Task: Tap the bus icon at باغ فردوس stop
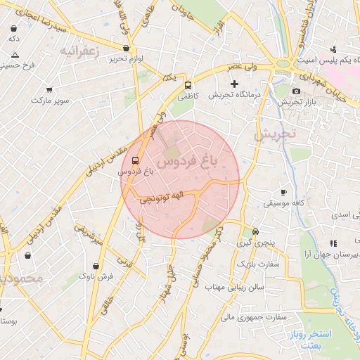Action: click(136, 160)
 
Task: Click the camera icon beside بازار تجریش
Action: click(296, 91)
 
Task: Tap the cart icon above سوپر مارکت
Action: click(49, 90)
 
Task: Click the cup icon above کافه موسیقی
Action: click(284, 192)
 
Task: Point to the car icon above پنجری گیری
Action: click(255, 231)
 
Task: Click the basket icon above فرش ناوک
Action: click(96, 266)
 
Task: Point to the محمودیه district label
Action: click(21, 278)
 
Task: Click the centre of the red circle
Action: click(180, 180)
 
